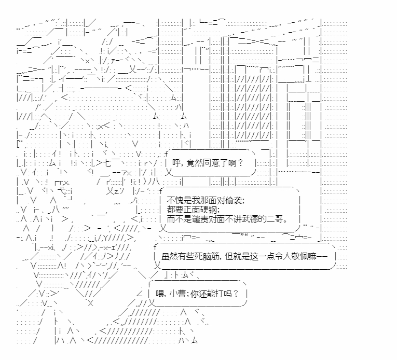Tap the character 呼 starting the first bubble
[176, 163]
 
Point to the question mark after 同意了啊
[240, 163]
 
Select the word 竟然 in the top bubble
[195, 163]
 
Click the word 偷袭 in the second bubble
[235, 200]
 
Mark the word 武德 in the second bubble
[251, 219]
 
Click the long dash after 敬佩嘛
[324, 256]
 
